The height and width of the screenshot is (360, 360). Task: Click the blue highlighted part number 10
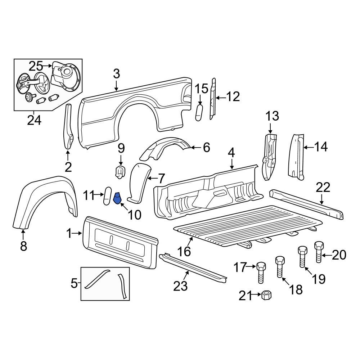118,198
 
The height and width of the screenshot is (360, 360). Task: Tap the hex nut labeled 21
267,295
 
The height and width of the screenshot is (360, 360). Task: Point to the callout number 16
184,251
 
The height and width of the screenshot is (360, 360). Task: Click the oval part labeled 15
199,113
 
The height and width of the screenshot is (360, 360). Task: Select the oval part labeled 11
107,196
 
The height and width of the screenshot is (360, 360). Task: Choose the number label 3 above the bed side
116,74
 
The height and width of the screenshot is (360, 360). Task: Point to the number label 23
181,286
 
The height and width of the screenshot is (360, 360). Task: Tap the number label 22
323,188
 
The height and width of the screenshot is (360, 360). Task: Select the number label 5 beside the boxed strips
74,284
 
